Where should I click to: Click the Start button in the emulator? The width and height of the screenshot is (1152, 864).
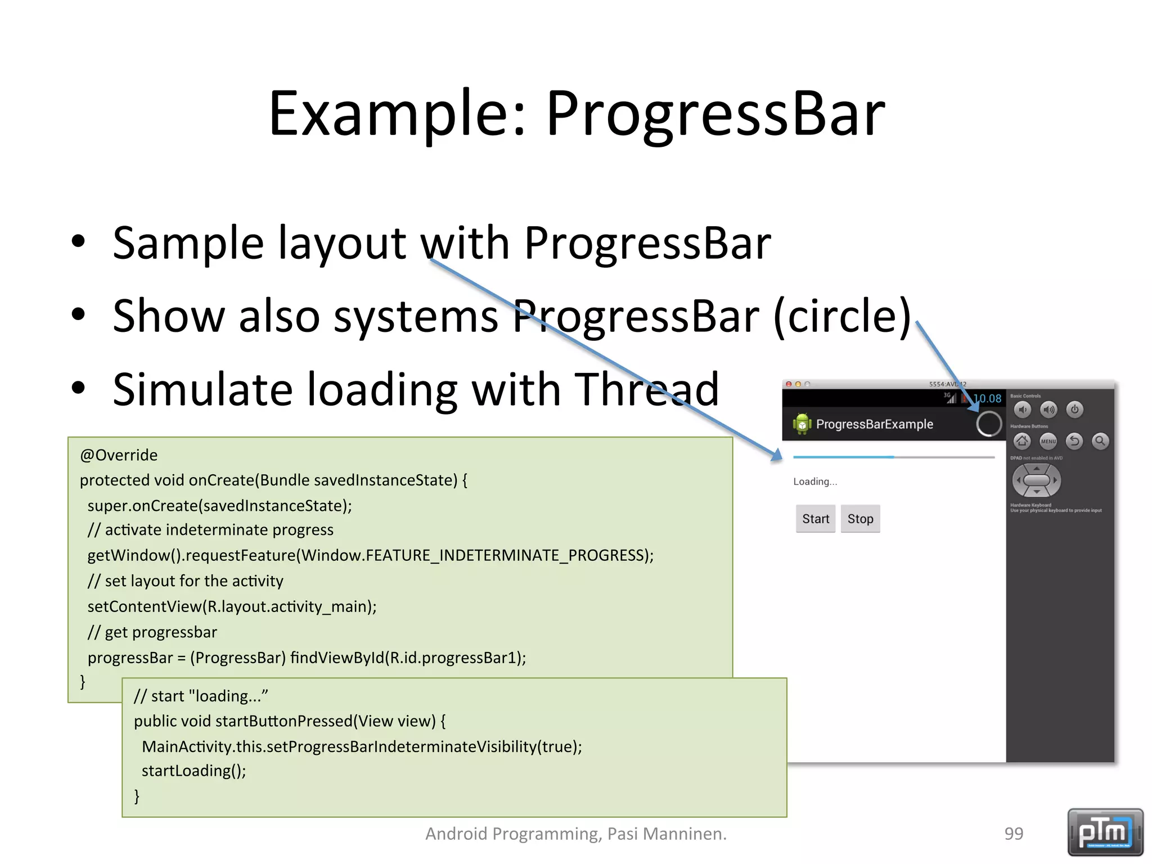[x=815, y=519]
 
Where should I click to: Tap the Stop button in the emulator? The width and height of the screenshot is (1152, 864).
[x=860, y=519]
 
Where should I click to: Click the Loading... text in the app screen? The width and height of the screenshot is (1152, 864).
[x=814, y=481]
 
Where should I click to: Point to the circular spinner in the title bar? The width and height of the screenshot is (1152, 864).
[x=989, y=424]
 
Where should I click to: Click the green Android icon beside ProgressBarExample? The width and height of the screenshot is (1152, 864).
[x=802, y=424]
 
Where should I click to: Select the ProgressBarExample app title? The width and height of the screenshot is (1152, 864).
[x=874, y=424]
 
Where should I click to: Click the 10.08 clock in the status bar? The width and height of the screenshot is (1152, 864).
[x=988, y=398]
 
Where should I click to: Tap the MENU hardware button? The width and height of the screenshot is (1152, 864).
[x=1048, y=441]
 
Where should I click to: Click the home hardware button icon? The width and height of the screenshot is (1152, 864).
[x=1022, y=441]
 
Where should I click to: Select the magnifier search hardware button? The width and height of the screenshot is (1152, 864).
[x=1100, y=441]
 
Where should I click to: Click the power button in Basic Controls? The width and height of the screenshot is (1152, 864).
[x=1074, y=409]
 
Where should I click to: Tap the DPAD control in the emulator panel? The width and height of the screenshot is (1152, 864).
[x=1036, y=480]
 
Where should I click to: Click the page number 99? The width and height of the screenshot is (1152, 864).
[x=1014, y=834]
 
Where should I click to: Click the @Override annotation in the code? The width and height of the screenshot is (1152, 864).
[x=119, y=455]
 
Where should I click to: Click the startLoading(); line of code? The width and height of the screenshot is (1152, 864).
[x=193, y=771]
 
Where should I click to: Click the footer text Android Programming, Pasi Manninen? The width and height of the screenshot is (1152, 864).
[x=575, y=834]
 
